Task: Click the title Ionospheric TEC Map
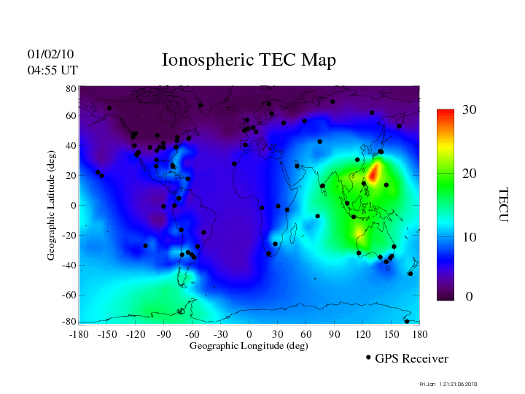249,60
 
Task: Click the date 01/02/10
50,54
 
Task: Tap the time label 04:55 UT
52,70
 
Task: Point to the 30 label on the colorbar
469,109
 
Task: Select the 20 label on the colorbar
469,175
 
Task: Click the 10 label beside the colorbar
469,238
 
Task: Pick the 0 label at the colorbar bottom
470,297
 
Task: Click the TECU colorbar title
503,205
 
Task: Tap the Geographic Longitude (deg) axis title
249,346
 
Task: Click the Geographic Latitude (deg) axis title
51,210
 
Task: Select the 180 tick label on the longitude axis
419,333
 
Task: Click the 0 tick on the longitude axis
249,333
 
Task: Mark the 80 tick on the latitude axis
71,88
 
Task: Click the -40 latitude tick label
69,266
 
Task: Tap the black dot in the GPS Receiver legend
368,358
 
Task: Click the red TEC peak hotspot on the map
374,173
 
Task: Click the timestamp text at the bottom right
448,384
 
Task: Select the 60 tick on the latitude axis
71,116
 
